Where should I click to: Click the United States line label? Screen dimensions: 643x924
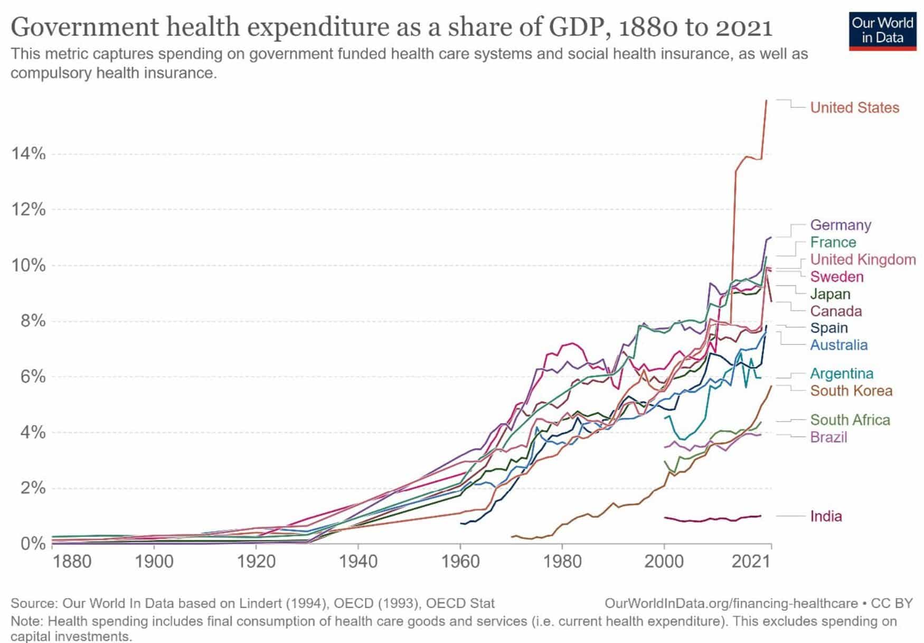click(x=854, y=108)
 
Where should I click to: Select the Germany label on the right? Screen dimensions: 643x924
click(x=841, y=225)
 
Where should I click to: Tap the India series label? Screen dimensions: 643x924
click(x=826, y=516)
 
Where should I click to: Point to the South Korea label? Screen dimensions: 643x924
click(x=851, y=391)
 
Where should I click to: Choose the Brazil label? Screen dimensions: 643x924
click(x=828, y=437)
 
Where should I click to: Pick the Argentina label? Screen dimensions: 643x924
click(x=842, y=374)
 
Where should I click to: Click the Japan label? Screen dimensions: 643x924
click(x=830, y=294)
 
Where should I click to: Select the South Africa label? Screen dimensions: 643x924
click(x=850, y=420)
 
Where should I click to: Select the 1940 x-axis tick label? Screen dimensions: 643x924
click(x=358, y=562)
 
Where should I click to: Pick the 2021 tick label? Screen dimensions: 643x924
click(x=750, y=562)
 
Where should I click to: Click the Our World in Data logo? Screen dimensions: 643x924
click(x=882, y=31)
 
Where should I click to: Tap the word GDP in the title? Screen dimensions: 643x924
click(x=571, y=27)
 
